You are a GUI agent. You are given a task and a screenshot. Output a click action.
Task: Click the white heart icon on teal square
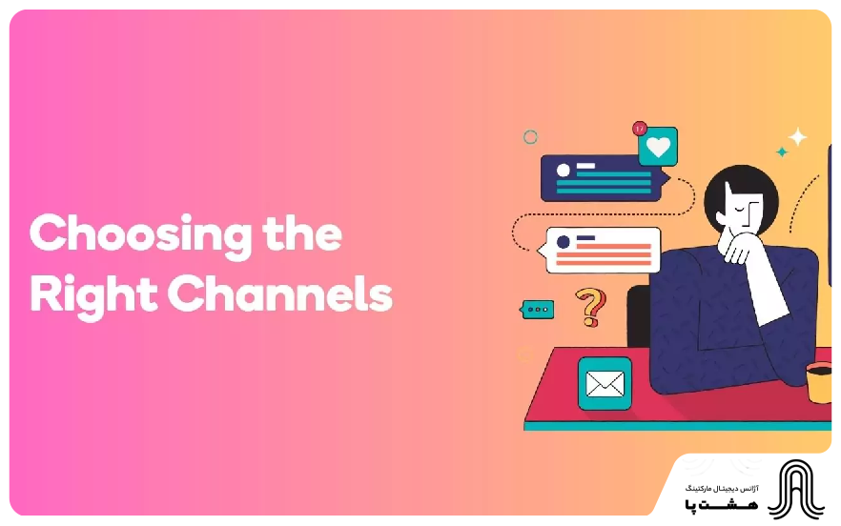(657, 147)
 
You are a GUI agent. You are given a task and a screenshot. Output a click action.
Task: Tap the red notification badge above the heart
(640, 128)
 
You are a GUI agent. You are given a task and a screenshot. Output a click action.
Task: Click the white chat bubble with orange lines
(603, 251)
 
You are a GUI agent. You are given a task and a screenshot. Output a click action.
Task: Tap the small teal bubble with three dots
(538, 310)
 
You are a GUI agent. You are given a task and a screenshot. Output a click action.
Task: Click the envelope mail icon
(605, 384)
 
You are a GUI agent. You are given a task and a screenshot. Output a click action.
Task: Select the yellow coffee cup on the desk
(819, 382)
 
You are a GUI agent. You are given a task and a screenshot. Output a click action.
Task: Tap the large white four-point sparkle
(797, 137)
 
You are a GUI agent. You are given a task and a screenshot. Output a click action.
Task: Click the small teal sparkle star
(782, 152)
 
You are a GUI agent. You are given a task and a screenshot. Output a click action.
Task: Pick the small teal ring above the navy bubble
(530, 137)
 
